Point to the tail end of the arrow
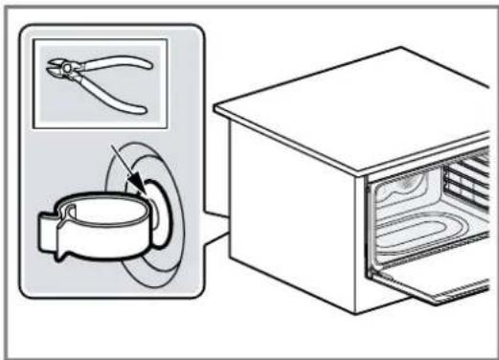point(112,146)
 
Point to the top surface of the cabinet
point(364,105)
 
